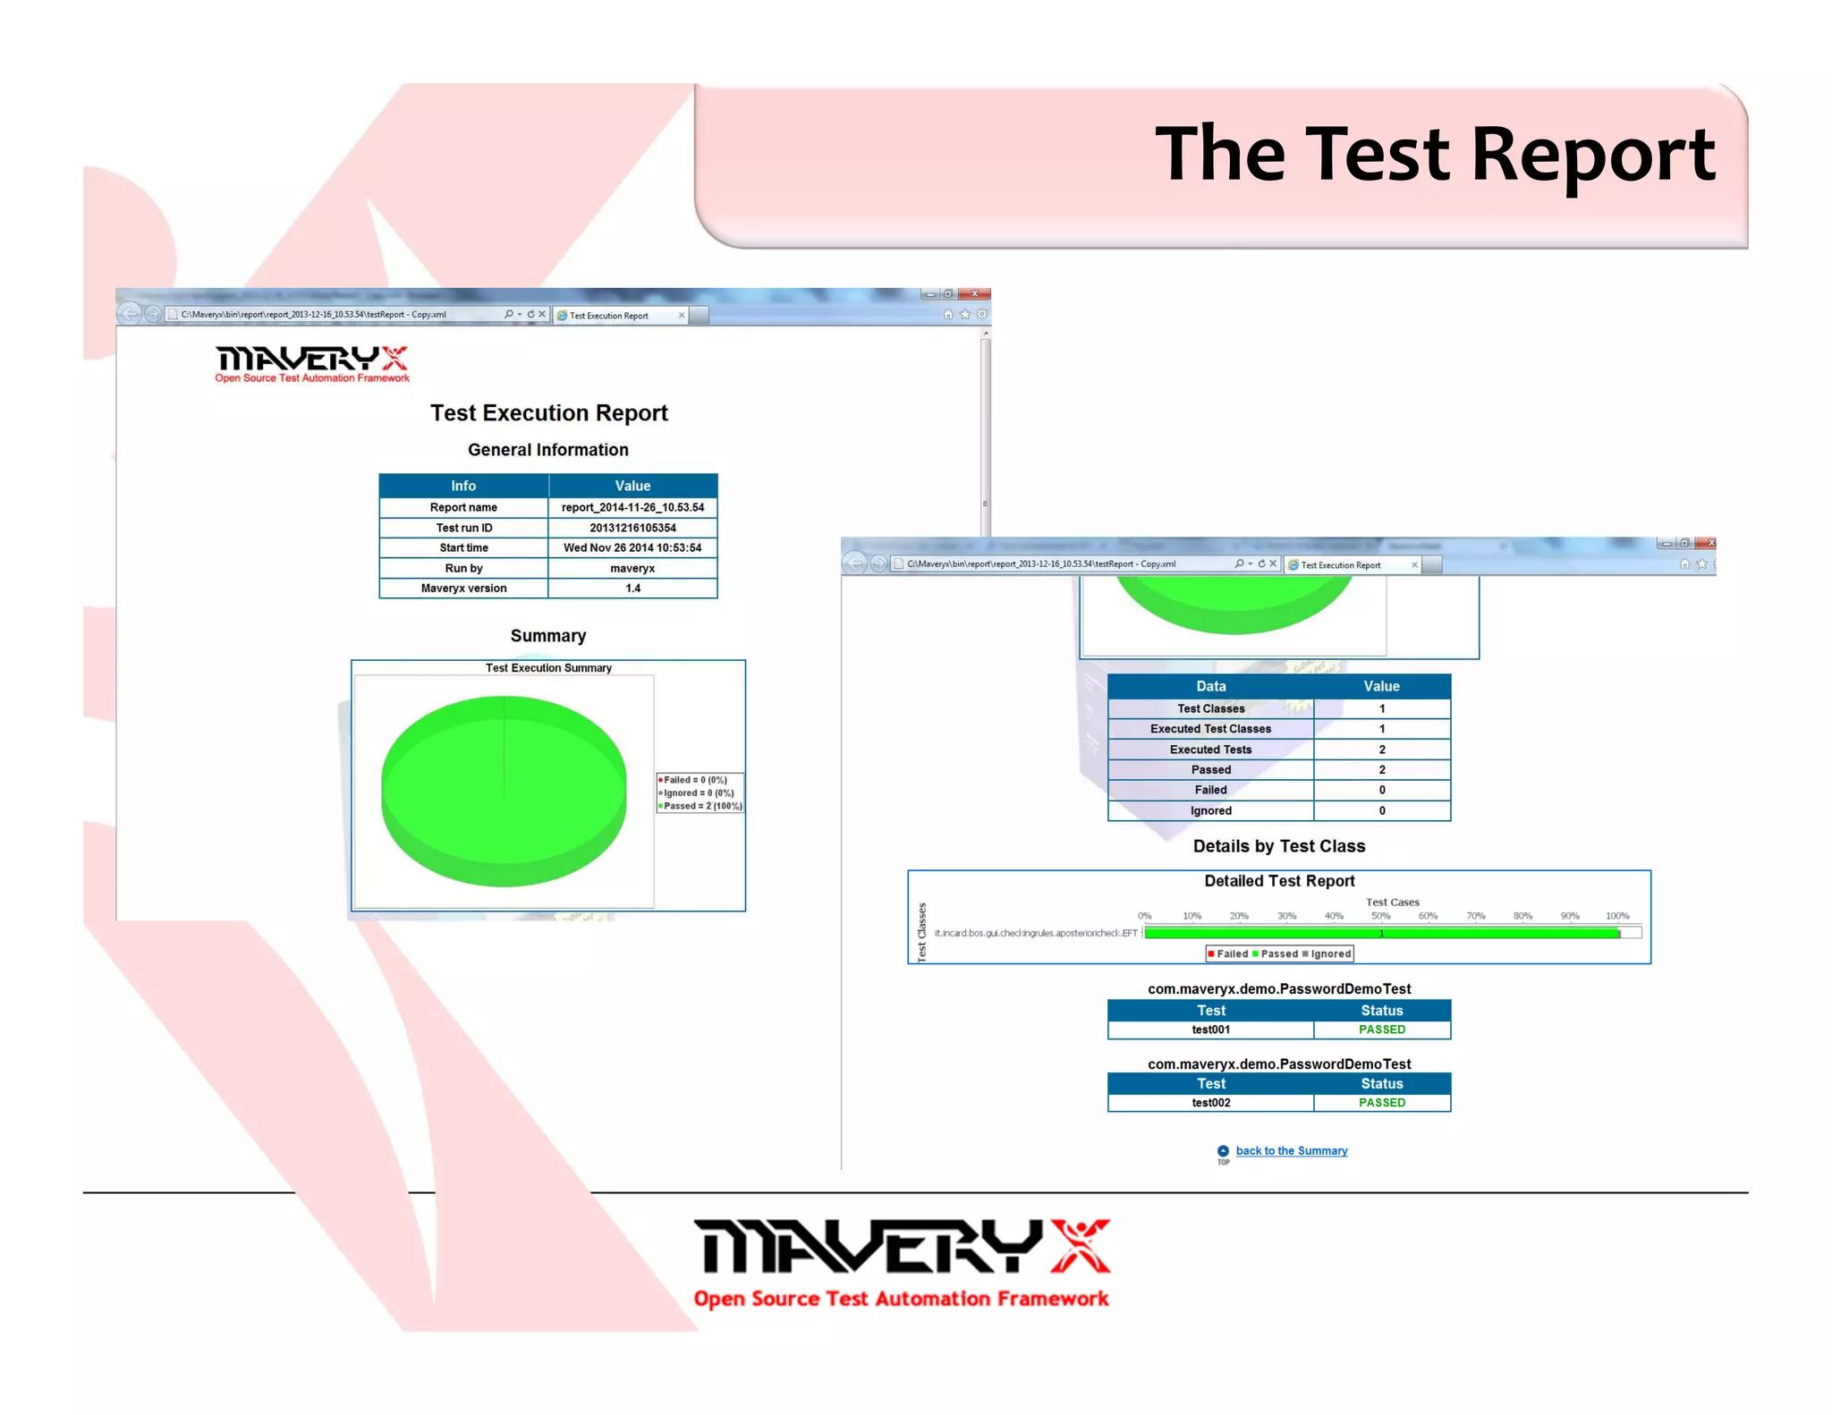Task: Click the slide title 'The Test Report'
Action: [1434, 155]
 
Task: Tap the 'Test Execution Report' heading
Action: [548, 413]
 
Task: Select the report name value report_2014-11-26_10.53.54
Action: [632, 508]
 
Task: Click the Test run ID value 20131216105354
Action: [632, 529]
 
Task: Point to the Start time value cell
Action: [632, 548]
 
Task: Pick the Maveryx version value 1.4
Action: [632, 589]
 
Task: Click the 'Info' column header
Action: [463, 486]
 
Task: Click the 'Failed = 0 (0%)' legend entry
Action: [695, 780]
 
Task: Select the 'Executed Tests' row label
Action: [1210, 750]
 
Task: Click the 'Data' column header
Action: [1210, 686]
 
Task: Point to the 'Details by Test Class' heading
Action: [1278, 846]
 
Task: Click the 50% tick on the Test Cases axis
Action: [1380, 916]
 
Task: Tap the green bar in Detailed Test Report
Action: [1381, 934]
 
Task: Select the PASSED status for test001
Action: [1381, 1029]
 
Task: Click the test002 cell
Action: [1210, 1103]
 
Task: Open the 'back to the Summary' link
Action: [1291, 1151]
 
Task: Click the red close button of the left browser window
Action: [975, 293]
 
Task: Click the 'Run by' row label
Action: [463, 569]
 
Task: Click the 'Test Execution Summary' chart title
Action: [548, 668]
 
